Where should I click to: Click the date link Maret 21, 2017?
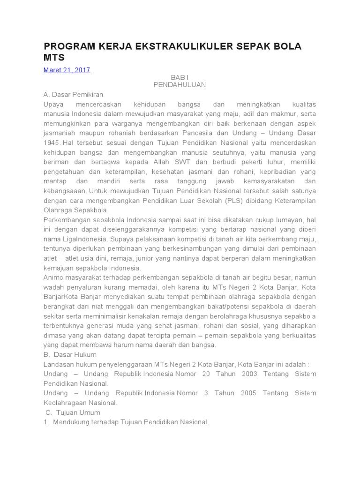click(67, 70)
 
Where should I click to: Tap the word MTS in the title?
click(53, 57)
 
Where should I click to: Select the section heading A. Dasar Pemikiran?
click(73, 94)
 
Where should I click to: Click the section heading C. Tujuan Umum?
click(73, 412)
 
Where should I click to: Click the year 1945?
click(52, 142)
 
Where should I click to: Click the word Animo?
click(53, 277)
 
